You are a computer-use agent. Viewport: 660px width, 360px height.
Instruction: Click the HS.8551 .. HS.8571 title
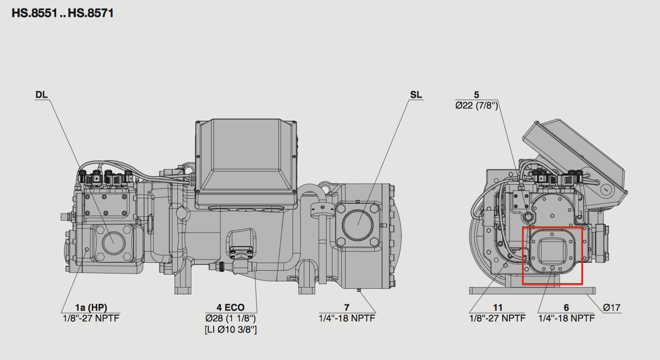63,13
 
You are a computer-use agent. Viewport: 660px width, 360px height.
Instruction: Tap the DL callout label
42,95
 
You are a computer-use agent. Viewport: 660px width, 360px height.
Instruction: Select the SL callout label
416,95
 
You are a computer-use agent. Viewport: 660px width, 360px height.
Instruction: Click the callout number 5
476,95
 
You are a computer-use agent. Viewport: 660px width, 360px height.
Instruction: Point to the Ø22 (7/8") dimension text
476,105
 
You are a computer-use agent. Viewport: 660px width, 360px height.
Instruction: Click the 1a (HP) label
91,307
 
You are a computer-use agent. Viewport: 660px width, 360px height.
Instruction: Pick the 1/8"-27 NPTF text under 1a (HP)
91,318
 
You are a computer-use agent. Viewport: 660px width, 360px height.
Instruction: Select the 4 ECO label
230,307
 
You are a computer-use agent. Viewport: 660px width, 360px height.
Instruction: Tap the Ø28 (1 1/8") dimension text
230,318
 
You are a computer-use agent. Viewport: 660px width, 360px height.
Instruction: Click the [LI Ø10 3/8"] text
231,329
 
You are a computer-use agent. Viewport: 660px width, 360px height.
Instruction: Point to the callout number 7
346,307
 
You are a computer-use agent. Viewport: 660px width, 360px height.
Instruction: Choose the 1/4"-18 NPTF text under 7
346,318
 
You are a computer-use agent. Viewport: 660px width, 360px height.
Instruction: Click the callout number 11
498,307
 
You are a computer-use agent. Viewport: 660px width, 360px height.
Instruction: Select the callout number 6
566,307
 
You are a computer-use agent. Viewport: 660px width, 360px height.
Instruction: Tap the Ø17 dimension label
611,307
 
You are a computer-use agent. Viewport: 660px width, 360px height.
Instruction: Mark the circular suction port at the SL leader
357,225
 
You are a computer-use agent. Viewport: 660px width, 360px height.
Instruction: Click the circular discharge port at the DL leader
113,240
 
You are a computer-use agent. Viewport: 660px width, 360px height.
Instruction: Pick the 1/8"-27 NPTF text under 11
497,318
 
